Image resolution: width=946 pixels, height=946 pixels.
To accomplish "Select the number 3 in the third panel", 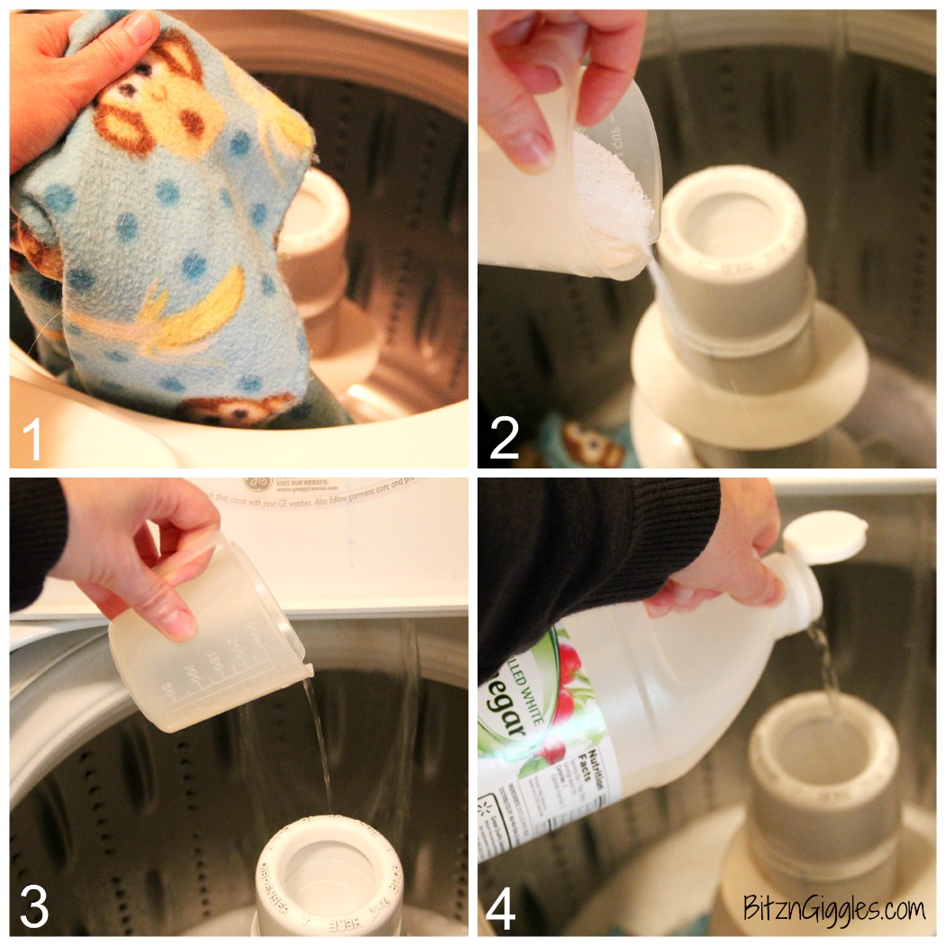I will click(33, 907).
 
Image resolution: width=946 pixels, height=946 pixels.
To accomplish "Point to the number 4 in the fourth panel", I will click(502, 907).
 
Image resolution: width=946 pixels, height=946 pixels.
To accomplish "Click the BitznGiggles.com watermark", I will click(834, 908).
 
